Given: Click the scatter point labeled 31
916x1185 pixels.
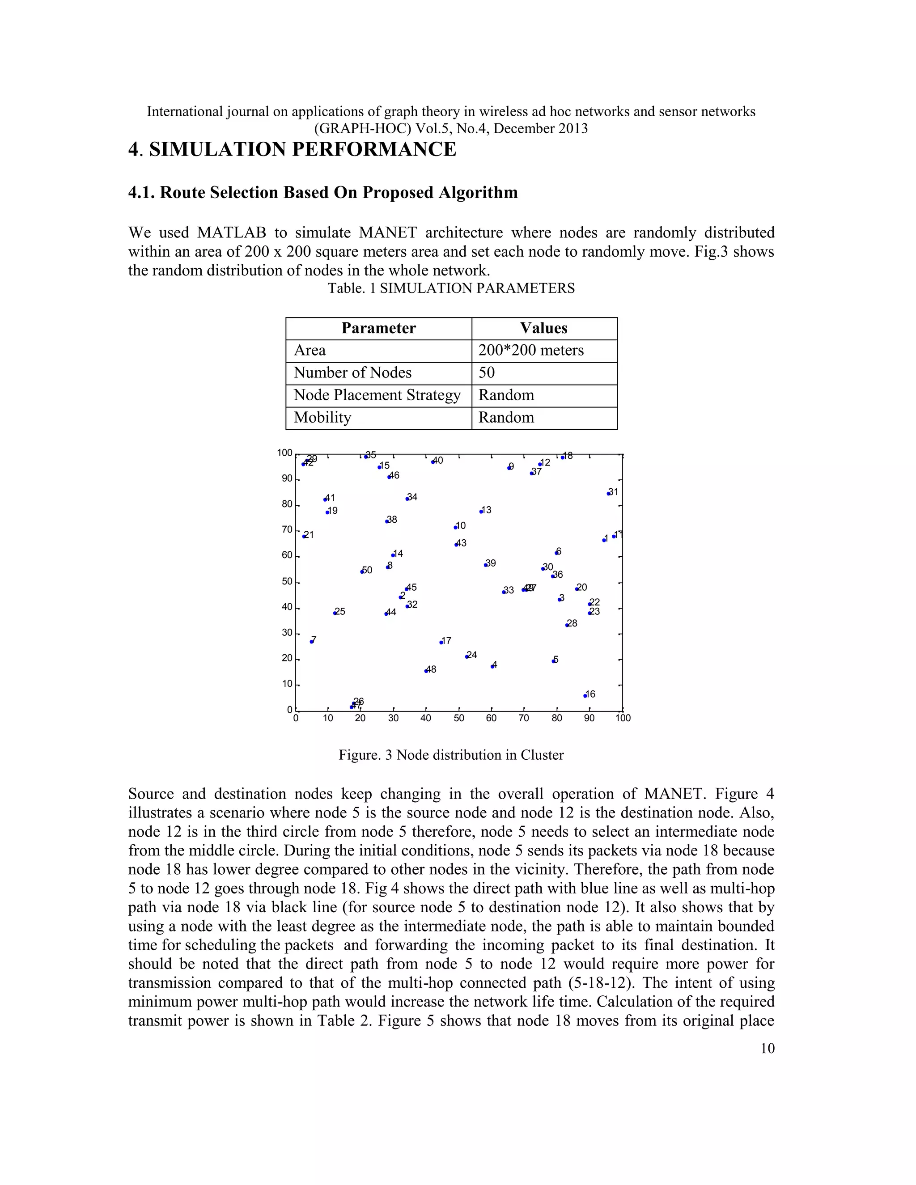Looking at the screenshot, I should pyautogui.click(x=609, y=493).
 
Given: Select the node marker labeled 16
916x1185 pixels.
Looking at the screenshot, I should pyautogui.click(x=585, y=696).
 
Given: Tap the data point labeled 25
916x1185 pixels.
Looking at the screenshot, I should pyautogui.click(x=335, y=613).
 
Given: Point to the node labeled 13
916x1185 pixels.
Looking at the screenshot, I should pyautogui.click(x=481, y=512).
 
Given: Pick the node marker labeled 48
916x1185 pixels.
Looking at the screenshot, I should pyautogui.click(x=426, y=671).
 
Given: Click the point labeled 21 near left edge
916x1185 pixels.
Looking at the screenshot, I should pyautogui.click(x=304, y=537).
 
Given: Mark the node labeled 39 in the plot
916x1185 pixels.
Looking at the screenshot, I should pyautogui.click(x=486, y=565).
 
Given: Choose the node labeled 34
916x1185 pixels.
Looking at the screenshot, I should pyautogui.click(x=407, y=499).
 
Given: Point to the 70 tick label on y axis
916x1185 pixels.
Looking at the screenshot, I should pyautogui.click(x=287, y=529).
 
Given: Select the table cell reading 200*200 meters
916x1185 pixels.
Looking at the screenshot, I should pyautogui.click(x=531, y=351).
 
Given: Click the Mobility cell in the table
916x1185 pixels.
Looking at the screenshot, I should pyautogui.click(x=322, y=417).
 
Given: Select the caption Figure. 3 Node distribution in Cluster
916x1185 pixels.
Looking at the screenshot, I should pyautogui.click(x=451, y=755).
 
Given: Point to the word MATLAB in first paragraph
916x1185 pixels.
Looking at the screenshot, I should pyautogui.click(x=232, y=233).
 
